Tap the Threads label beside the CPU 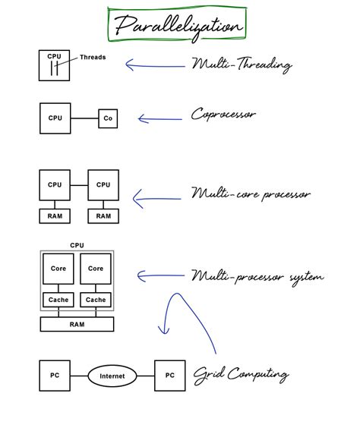point(93,58)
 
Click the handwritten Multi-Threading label point(242,64)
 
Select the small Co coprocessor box point(108,118)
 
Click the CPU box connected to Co point(55,118)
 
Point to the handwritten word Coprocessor point(223,115)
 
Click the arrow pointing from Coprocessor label point(159,118)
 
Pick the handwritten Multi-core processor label point(251,194)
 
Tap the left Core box point(58,269)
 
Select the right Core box point(96,269)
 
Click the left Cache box point(58,300)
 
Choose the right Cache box point(96,300)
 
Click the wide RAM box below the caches point(77,324)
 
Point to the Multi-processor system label point(257,276)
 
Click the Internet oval point(112,376)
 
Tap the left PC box point(55,376)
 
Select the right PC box point(170,376)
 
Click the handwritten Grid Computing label point(241,375)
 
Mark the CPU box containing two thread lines point(55,65)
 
